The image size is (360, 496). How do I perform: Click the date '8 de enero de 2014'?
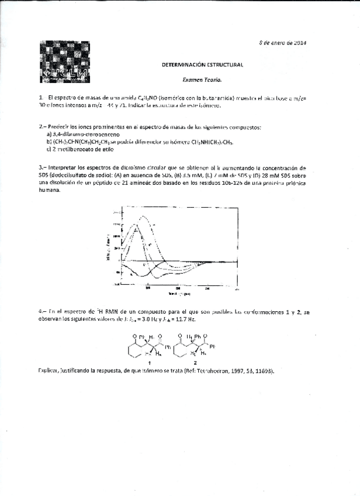pyautogui.click(x=283, y=43)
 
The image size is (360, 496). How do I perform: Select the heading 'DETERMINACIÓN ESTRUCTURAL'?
pyautogui.click(x=202, y=66)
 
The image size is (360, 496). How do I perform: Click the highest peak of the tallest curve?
pyautogui.click(x=140, y=216)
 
